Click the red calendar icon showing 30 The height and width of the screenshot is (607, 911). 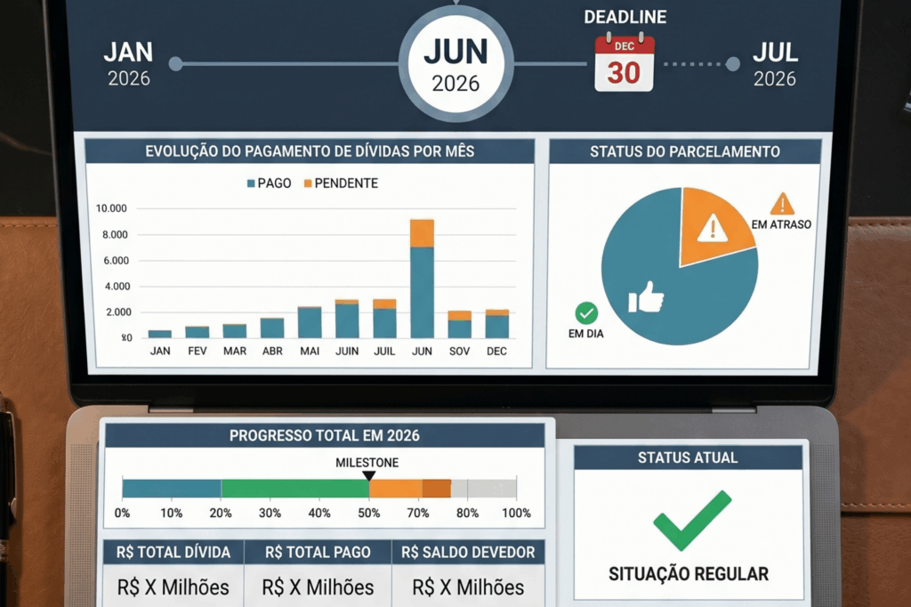(624, 63)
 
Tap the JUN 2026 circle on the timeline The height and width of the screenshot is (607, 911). (455, 65)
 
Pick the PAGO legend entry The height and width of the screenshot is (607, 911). (270, 183)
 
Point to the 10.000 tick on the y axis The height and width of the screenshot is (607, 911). (112, 208)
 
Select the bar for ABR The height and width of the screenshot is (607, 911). (272, 328)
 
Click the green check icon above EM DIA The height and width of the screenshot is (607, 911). (586, 313)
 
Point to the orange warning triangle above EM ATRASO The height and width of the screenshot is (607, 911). (782, 204)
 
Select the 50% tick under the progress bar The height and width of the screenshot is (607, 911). (368, 514)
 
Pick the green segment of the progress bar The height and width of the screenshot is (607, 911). (294, 488)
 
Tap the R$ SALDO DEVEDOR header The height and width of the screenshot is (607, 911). (469, 553)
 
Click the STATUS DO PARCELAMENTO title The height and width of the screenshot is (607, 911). (684, 151)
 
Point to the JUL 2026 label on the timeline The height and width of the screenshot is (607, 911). (775, 63)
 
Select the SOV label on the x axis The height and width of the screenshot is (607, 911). (459, 352)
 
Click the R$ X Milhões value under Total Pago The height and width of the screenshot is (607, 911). (318, 587)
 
